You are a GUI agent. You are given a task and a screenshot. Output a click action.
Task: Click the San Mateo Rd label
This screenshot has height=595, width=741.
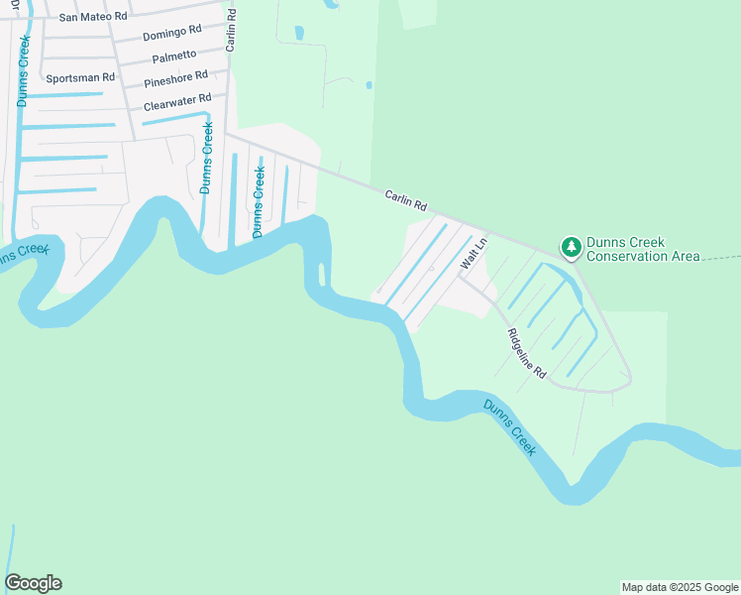point(94,17)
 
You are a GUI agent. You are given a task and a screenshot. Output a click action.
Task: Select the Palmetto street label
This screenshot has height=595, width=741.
point(174,57)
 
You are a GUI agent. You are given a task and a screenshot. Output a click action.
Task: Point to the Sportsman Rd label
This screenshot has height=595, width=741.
point(80,77)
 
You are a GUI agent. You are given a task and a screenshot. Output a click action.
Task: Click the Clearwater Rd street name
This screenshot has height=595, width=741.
point(177,100)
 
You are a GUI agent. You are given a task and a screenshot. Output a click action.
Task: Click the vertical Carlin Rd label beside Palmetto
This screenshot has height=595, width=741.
point(231,31)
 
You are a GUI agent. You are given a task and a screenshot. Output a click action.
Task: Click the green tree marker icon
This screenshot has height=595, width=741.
point(571,246)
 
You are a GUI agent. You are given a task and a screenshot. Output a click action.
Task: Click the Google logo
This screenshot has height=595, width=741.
point(33,583)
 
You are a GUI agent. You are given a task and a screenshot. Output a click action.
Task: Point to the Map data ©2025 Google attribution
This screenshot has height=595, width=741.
point(681,587)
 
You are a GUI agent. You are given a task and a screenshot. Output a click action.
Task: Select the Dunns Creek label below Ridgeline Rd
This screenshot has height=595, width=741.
point(510,427)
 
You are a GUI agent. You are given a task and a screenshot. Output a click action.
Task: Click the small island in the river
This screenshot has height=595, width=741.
point(322,274)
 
